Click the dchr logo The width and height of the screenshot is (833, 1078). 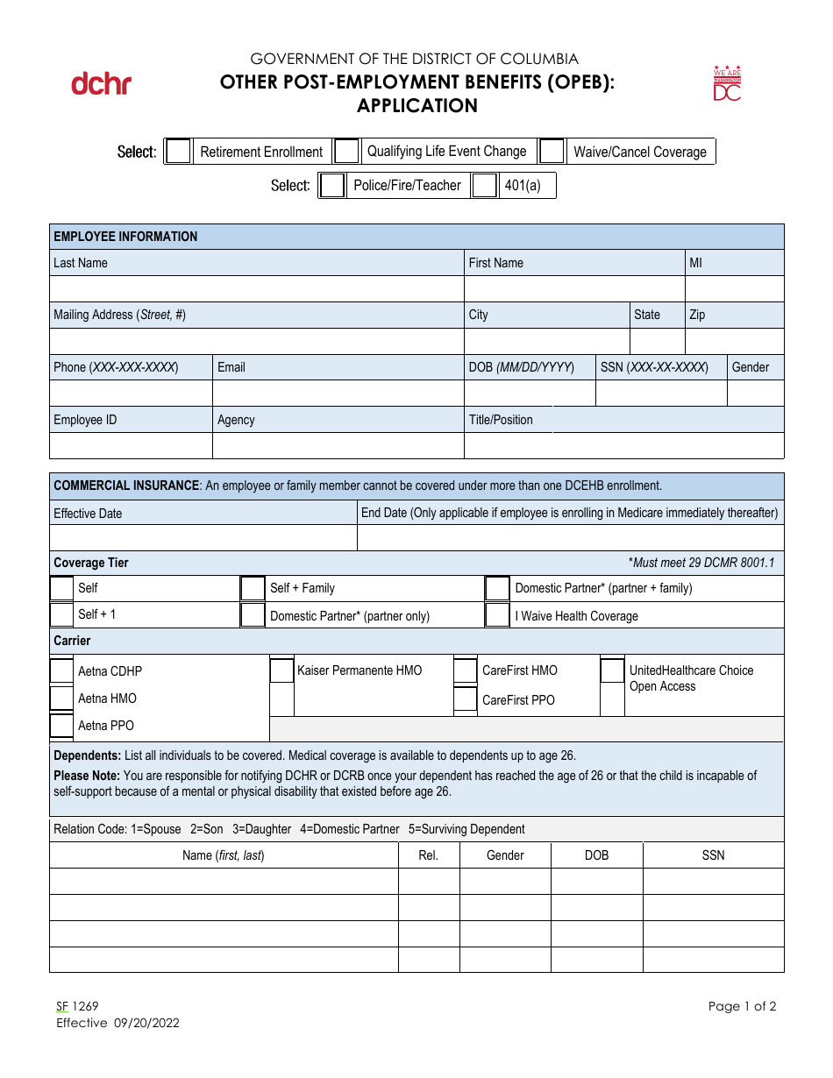coord(101,84)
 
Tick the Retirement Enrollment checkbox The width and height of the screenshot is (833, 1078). coord(179,152)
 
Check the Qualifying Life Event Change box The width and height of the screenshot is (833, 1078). coord(347,152)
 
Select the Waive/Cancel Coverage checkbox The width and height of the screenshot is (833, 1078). coord(552,152)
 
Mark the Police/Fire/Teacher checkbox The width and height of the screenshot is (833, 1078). coord(332,186)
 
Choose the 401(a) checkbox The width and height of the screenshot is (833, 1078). coord(484,186)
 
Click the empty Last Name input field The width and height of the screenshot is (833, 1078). coord(256,289)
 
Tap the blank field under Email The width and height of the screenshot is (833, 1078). coord(338,394)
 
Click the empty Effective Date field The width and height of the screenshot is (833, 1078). coord(203,537)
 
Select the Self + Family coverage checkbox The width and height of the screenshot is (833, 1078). coord(253,588)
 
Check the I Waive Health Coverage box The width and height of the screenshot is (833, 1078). coord(497,615)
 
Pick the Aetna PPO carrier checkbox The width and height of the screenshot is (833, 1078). coord(61,726)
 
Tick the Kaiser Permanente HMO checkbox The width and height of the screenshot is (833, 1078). coord(281,670)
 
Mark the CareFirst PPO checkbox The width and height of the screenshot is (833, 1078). coord(465,699)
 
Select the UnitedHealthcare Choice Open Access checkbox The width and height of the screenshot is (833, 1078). coord(612,670)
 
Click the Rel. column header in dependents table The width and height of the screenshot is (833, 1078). coord(428,855)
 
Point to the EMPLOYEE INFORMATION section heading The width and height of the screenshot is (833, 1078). coord(125,237)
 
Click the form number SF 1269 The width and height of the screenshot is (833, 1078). coord(77,1007)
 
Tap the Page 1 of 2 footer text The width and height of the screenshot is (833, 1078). coord(742,1006)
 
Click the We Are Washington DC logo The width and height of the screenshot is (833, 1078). coord(727,83)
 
